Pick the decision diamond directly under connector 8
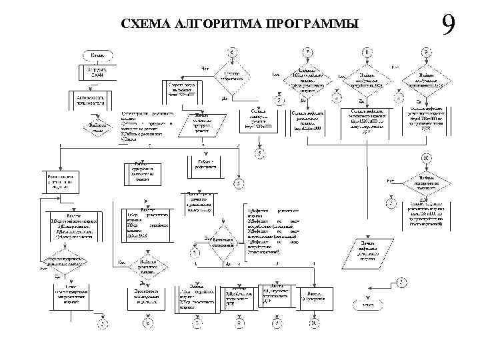pos(368,77)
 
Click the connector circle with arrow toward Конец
pos(401,283)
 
